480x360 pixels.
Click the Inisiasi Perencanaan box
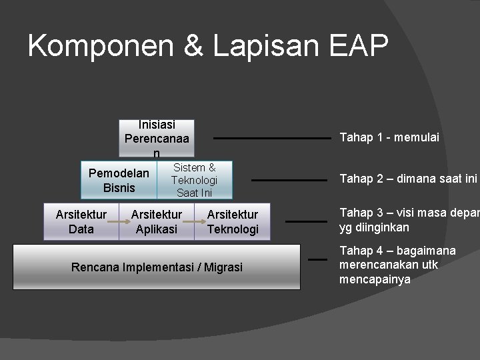tap(157, 139)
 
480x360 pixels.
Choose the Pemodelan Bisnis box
tap(119, 181)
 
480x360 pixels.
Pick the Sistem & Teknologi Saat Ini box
tap(194, 181)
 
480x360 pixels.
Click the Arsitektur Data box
tap(81, 222)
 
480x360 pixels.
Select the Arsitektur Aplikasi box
tap(157, 222)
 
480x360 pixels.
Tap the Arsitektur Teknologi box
tap(233, 222)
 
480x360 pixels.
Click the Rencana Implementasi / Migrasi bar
tap(157, 267)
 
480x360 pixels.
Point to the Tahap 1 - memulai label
tap(389, 138)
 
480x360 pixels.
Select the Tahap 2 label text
tap(408, 179)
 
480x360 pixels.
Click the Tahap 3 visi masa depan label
tap(409, 220)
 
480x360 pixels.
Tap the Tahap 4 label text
tap(397, 265)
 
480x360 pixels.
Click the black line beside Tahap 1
tap(271, 139)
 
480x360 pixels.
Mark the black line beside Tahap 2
tap(281, 180)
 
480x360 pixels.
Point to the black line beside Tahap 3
tap(301, 221)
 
